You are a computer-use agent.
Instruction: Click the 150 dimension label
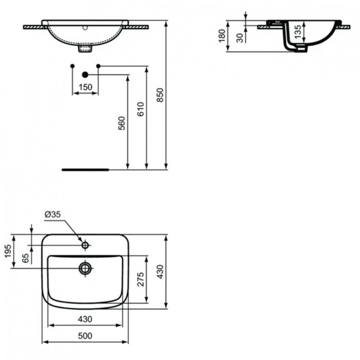click(85, 87)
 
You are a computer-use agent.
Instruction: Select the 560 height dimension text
click(122, 123)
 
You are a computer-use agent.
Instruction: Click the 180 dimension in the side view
click(222, 36)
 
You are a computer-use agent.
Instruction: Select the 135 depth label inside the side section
click(298, 32)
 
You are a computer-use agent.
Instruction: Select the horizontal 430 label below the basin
click(85, 319)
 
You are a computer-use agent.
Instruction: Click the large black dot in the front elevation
click(85, 74)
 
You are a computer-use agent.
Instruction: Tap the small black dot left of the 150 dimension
click(72, 65)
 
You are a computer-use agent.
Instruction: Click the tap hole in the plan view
click(85, 245)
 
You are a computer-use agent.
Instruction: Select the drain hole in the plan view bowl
click(85, 267)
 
